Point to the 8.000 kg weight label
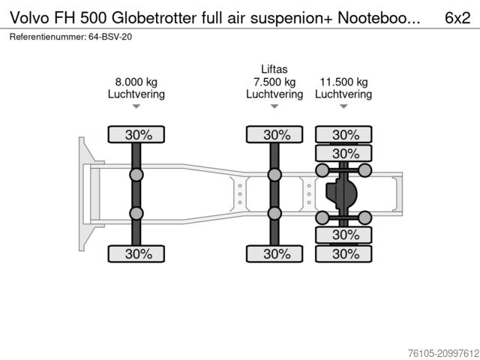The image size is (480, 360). [136, 82]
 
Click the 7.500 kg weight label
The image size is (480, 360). [274, 82]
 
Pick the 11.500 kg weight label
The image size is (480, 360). [343, 82]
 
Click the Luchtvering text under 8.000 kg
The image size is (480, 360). [136, 94]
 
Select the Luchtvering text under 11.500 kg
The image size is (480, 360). [343, 94]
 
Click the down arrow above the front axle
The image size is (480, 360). [136, 107]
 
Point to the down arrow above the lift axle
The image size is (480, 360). [274, 107]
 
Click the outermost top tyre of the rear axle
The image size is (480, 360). [345, 135]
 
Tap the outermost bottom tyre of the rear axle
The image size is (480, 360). [345, 253]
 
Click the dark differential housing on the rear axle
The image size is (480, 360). [339, 195]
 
